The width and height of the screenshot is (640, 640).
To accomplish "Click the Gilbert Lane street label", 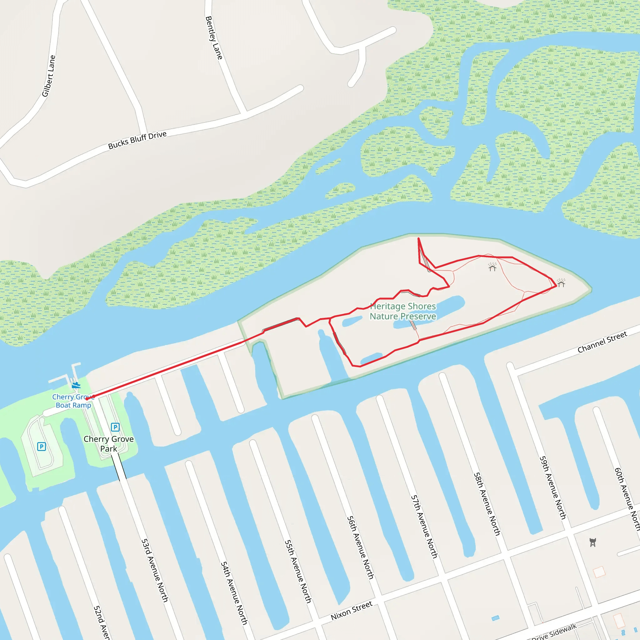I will [49, 76].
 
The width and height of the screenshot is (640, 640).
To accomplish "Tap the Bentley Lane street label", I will [214, 38].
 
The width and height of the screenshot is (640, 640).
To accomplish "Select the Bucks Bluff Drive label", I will [137, 140].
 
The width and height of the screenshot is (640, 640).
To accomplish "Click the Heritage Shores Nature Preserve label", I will [403, 311].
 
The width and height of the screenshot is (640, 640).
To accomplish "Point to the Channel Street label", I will [602, 342].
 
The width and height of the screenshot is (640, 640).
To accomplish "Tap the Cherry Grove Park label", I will [109, 443].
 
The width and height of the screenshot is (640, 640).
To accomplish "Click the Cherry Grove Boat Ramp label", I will [73, 401].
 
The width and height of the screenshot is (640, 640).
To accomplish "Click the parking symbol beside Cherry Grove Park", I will [115, 427].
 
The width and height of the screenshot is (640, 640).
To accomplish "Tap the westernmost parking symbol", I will [42, 447].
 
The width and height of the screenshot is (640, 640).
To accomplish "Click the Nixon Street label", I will [352, 611].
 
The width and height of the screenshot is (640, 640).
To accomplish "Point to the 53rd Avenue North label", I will [154, 570].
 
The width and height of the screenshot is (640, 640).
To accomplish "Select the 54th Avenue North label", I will [234, 593].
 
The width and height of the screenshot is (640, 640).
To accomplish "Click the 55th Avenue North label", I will [298, 572].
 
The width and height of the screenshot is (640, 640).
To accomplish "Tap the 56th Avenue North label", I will [360, 547].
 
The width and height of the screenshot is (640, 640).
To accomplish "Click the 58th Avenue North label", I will [487, 503].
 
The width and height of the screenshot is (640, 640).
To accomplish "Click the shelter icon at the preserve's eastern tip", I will [561, 283].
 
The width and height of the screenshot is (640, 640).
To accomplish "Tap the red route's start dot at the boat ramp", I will [87, 398].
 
